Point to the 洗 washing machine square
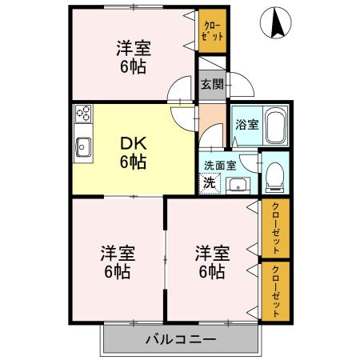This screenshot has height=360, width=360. coord(209,182)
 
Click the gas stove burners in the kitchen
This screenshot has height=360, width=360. coord(83,114)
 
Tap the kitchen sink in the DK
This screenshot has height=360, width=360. coord(83,146)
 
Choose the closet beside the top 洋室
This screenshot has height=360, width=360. coord(212,33)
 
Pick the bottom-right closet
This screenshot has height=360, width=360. coord(276,289)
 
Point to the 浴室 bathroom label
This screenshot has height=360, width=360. coord(246,125)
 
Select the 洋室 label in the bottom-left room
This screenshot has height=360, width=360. coord(117,254)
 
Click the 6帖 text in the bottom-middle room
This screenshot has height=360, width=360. coord(212,271)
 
